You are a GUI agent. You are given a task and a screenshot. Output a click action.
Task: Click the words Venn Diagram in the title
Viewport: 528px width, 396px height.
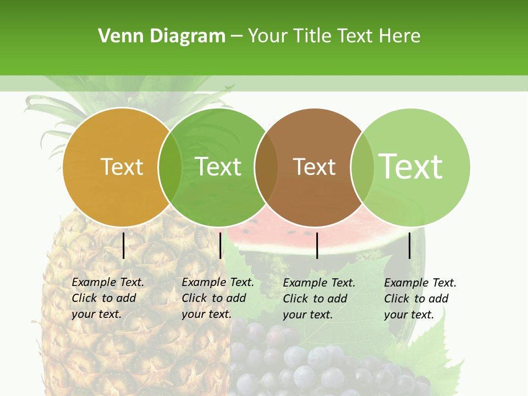162,36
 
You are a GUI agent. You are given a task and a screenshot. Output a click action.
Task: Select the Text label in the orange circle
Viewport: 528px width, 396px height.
122,167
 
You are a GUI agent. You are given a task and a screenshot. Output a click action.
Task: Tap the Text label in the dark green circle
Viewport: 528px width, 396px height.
218,167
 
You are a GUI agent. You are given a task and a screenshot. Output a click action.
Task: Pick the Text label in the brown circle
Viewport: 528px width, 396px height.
314,167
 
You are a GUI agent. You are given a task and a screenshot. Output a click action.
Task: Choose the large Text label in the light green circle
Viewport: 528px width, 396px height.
410,167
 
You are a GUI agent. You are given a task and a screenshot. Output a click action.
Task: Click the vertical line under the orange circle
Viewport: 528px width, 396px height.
124,245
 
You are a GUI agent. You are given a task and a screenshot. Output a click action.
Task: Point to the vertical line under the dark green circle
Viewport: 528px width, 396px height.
220,245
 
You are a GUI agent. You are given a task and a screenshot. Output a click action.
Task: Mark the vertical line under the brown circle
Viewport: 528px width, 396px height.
317,245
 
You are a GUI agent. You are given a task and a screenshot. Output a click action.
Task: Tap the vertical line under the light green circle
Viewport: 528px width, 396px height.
410,245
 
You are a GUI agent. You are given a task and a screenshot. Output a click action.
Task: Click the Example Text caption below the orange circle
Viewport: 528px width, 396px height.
107,298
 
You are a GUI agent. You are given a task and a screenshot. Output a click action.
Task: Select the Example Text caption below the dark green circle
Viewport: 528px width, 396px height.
217,298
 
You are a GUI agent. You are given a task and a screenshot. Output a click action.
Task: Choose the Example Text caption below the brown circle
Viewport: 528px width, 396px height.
318,299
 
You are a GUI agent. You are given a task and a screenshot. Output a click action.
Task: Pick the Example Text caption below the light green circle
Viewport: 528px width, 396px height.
420,299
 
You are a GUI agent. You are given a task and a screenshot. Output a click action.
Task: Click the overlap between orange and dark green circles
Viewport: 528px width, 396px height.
170,167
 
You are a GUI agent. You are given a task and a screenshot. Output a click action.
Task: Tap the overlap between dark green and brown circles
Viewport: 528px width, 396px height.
266,167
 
